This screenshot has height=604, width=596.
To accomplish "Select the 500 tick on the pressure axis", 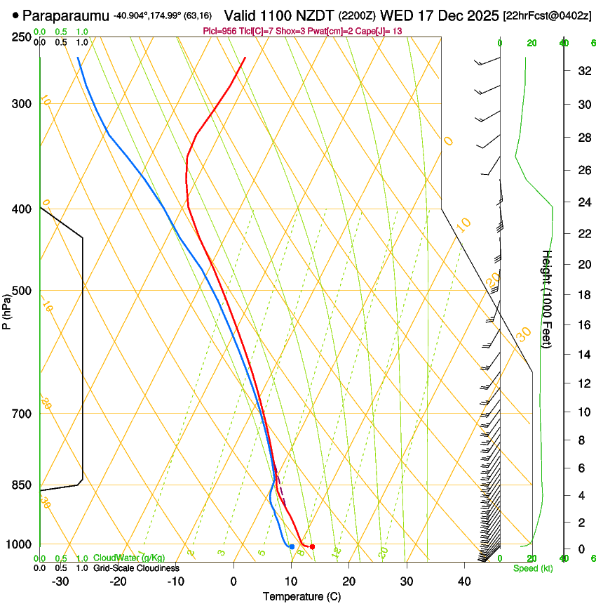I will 22,291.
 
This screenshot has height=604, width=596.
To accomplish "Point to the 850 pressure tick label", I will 22,485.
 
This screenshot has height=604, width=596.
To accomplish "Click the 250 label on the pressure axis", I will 22,37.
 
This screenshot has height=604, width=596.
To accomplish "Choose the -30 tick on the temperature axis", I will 60,582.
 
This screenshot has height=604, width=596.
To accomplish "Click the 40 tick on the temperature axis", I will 463,582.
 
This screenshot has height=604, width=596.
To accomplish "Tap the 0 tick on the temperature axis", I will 233,582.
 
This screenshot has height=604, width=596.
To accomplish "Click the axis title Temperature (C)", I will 302,596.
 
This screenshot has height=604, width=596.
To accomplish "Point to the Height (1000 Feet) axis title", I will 548,298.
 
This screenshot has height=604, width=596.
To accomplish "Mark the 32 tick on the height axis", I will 583,70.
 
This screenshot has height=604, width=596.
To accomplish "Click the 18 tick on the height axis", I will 583,295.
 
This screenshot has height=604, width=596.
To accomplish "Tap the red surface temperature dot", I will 312,546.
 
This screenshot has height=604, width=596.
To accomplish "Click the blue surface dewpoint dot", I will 292,546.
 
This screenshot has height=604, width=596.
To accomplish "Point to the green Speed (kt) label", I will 533,568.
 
